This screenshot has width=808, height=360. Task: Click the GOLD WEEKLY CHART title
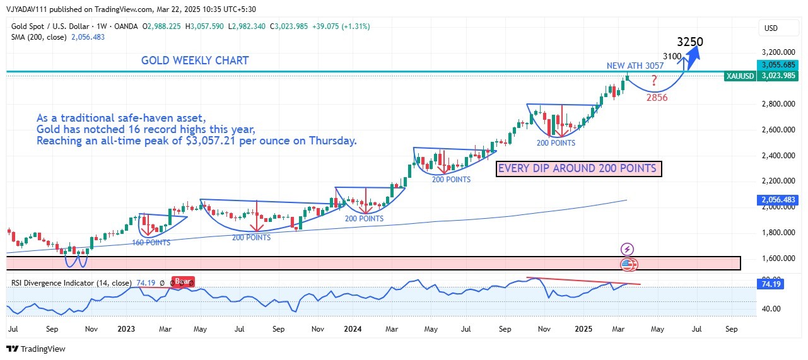195,61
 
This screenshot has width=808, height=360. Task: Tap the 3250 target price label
690,42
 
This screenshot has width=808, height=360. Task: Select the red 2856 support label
656,98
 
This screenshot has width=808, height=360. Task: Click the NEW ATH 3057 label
635,66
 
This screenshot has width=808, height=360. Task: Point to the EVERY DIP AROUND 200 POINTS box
579,168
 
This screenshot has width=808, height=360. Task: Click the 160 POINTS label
151,243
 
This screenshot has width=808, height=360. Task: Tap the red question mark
654,81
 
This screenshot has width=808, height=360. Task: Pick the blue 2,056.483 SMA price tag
776,200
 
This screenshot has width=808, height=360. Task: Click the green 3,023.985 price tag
776,76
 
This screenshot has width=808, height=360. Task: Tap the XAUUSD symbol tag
739,76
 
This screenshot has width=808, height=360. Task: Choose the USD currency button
771,28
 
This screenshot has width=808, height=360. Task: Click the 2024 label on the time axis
353,329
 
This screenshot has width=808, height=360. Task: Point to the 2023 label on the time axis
126,329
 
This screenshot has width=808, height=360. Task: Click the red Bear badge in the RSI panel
184,282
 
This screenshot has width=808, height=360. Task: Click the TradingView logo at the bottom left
36,349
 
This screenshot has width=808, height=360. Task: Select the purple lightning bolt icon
627,249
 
